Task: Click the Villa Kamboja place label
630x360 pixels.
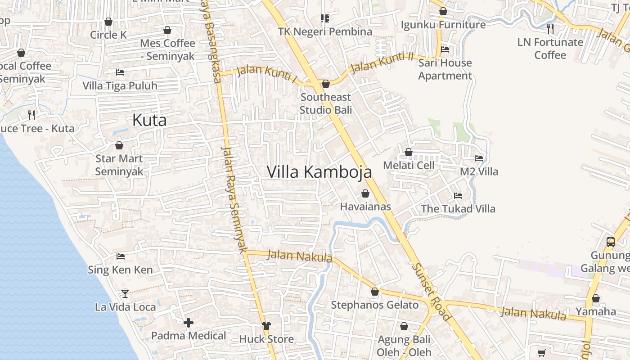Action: [319, 172]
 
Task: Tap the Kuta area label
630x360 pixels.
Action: [149, 120]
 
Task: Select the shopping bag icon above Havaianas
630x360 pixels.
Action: [365, 193]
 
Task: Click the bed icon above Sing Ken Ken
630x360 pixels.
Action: [120, 256]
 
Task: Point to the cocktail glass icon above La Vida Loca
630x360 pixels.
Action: [125, 294]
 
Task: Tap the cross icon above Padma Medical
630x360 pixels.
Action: [189, 323]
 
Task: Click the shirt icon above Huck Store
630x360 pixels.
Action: [266, 325]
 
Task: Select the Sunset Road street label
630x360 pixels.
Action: [431, 292]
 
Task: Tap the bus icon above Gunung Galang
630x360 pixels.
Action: [610, 242]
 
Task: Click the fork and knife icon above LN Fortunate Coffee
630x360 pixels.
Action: [550, 29]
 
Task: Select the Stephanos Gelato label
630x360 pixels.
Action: [375, 305]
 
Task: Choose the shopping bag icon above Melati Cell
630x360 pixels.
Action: [409, 152]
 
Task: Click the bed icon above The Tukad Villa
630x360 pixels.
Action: [458, 196]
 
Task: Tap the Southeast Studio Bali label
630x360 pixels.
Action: [326, 103]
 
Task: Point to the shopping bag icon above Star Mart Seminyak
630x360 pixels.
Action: [119, 145]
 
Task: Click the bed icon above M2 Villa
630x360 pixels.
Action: [479, 158]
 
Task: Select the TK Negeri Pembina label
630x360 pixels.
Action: [325, 31]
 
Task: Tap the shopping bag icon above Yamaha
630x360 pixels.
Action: [596, 298]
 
